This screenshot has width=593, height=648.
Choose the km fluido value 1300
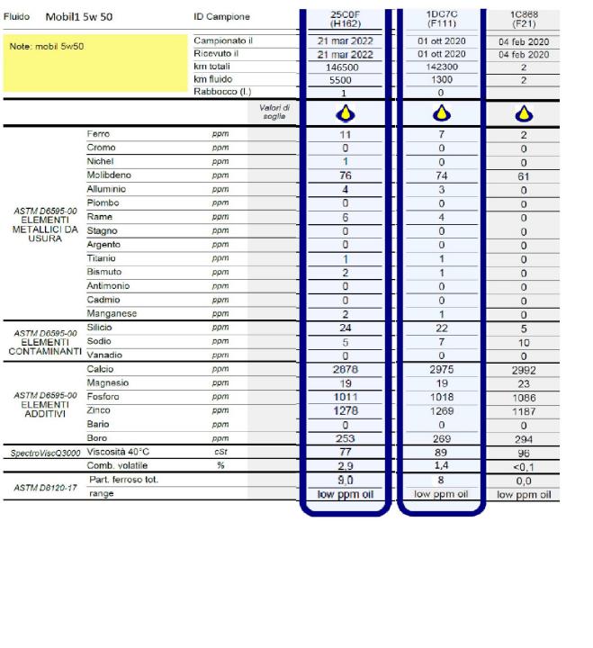tap(441, 79)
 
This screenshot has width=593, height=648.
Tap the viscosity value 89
tap(441, 452)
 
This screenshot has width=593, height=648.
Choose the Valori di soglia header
tap(271, 112)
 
